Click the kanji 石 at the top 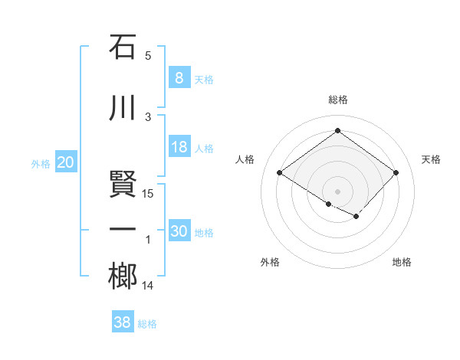click(x=123, y=47)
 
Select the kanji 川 click(x=123, y=108)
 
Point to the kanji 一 click(x=123, y=231)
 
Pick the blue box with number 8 click(x=179, y=78)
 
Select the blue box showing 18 click(x=179, y=147)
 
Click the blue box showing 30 click(x=179, y=232)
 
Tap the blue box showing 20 click(x=65, y=162)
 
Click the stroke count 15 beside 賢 click(x=149, y=193)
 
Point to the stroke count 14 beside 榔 click(x=149, y=286)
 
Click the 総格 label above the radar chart click(x=337, y=100)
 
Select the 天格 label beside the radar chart click(x=431, y=159)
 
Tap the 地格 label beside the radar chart click(x=402, y=262)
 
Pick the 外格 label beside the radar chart click(x=270, y=262)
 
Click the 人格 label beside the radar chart click(x=245, y=159)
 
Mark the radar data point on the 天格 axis click(x=396, y=172)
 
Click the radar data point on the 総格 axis click(x=337, y=131)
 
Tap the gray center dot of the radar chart click(x=337, y=190)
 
